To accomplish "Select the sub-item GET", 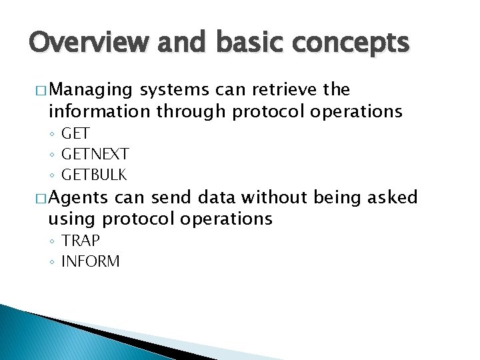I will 75,134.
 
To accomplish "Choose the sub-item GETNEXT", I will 95,155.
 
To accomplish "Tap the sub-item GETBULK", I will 93,175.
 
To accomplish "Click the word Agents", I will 79,197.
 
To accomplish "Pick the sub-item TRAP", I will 80,241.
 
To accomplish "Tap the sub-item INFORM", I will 90,261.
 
